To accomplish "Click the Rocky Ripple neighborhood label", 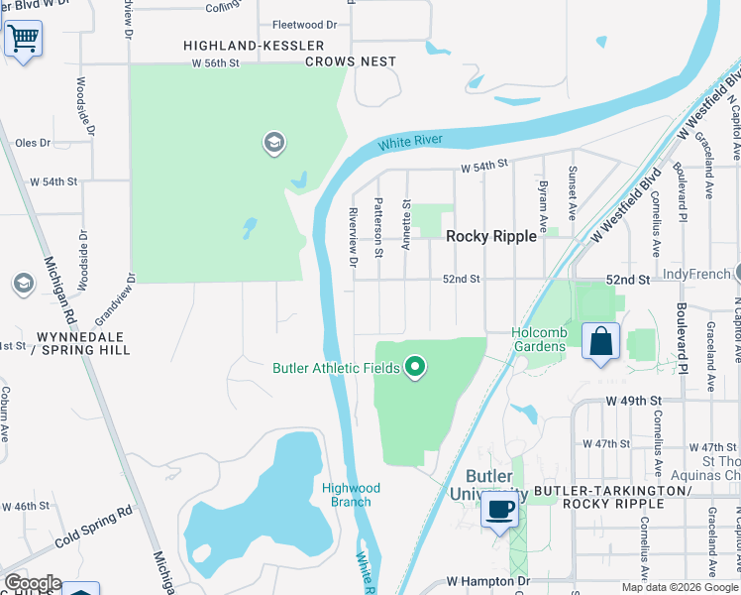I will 490,236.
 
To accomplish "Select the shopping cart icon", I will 23,40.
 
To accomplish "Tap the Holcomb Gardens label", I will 538,339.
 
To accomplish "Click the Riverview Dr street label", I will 353,237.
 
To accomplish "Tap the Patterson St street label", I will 378,227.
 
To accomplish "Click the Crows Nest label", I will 351,61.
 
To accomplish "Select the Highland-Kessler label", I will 255,46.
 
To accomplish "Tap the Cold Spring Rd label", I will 94,529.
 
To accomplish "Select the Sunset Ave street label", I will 572,192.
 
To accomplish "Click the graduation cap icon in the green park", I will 274,144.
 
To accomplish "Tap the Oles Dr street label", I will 33,143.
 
